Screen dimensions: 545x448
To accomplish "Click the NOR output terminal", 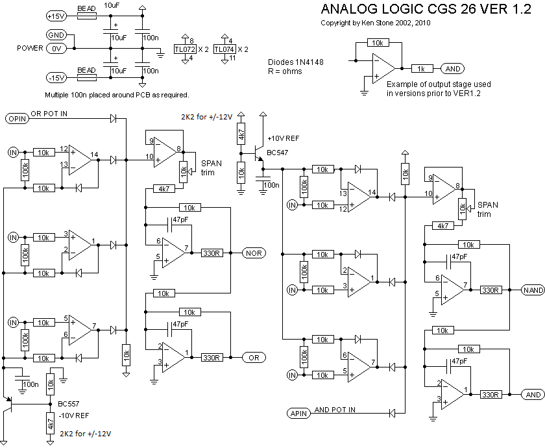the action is coord(254,253).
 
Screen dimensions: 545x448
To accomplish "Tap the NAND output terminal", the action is coord(533,290).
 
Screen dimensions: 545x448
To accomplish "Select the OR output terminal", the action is coord(254,358).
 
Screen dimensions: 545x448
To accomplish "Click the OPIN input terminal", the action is coord(18,119).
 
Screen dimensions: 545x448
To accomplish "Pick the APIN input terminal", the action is coord(298,413).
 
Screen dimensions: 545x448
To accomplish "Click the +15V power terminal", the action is coord(56,16).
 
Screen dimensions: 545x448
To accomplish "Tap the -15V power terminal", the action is coord(56,77).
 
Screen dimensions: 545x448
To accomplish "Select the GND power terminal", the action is coord(56,35).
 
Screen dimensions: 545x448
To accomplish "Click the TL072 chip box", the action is coord(185,49).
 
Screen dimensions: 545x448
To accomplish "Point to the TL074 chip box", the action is coord(224,49).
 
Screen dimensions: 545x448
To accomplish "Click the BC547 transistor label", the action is coord(277,153).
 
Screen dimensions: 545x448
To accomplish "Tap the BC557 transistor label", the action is coord(69,404).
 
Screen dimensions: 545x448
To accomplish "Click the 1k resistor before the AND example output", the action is coord(422,69).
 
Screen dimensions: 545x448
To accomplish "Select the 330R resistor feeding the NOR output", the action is coord(212,253).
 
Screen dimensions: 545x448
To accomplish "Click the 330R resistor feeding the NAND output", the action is coord(490,290).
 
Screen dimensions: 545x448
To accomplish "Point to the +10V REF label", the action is coord(284,138).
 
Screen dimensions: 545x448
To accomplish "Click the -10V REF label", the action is coord(73,416).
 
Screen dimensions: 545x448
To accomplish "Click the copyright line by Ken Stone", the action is coord(376,23).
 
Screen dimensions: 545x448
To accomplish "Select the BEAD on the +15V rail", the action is coord(86,16).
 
